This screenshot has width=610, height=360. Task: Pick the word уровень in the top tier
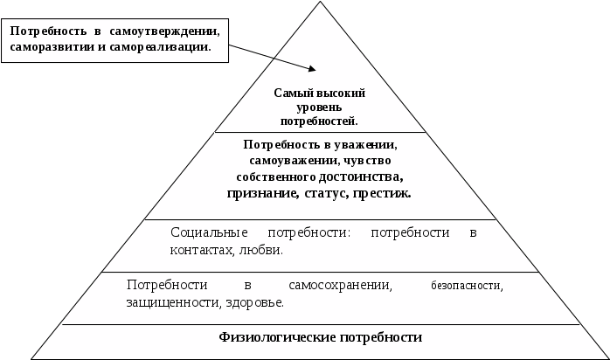[x=319, y=106]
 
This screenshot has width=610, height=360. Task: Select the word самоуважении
[x=281, y=162]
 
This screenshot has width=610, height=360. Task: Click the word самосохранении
[x=340, y=286]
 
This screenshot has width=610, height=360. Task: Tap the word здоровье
[x=254, y=302]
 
